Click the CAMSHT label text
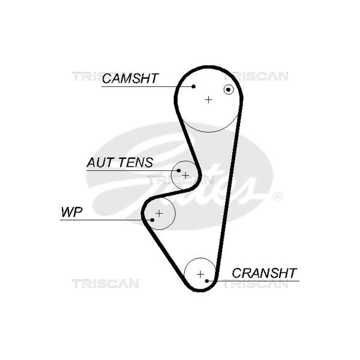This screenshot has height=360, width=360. [130, 78]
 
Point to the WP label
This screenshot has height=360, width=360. [71, 212]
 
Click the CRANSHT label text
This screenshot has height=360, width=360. [264, 273]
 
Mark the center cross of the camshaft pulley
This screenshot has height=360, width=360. [208, 99]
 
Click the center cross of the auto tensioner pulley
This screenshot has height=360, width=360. [185, 175]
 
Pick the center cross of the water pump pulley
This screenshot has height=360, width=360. [159, 213]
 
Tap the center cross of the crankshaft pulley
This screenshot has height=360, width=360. [200, 274]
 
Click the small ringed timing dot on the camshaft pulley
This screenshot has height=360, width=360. [228, 89]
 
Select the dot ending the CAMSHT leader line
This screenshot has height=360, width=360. [194, 86]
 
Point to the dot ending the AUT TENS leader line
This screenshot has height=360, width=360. [178, 171]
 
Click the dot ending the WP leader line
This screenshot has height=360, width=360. [152, 220]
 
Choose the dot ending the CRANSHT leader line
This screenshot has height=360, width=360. [206, 280]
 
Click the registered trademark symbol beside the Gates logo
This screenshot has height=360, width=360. [277, 196]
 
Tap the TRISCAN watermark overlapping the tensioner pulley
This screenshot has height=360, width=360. [180, 179]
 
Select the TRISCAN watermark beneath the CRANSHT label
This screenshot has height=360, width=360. [256, 284]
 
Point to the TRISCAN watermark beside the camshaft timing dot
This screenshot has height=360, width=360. [259, 76]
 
